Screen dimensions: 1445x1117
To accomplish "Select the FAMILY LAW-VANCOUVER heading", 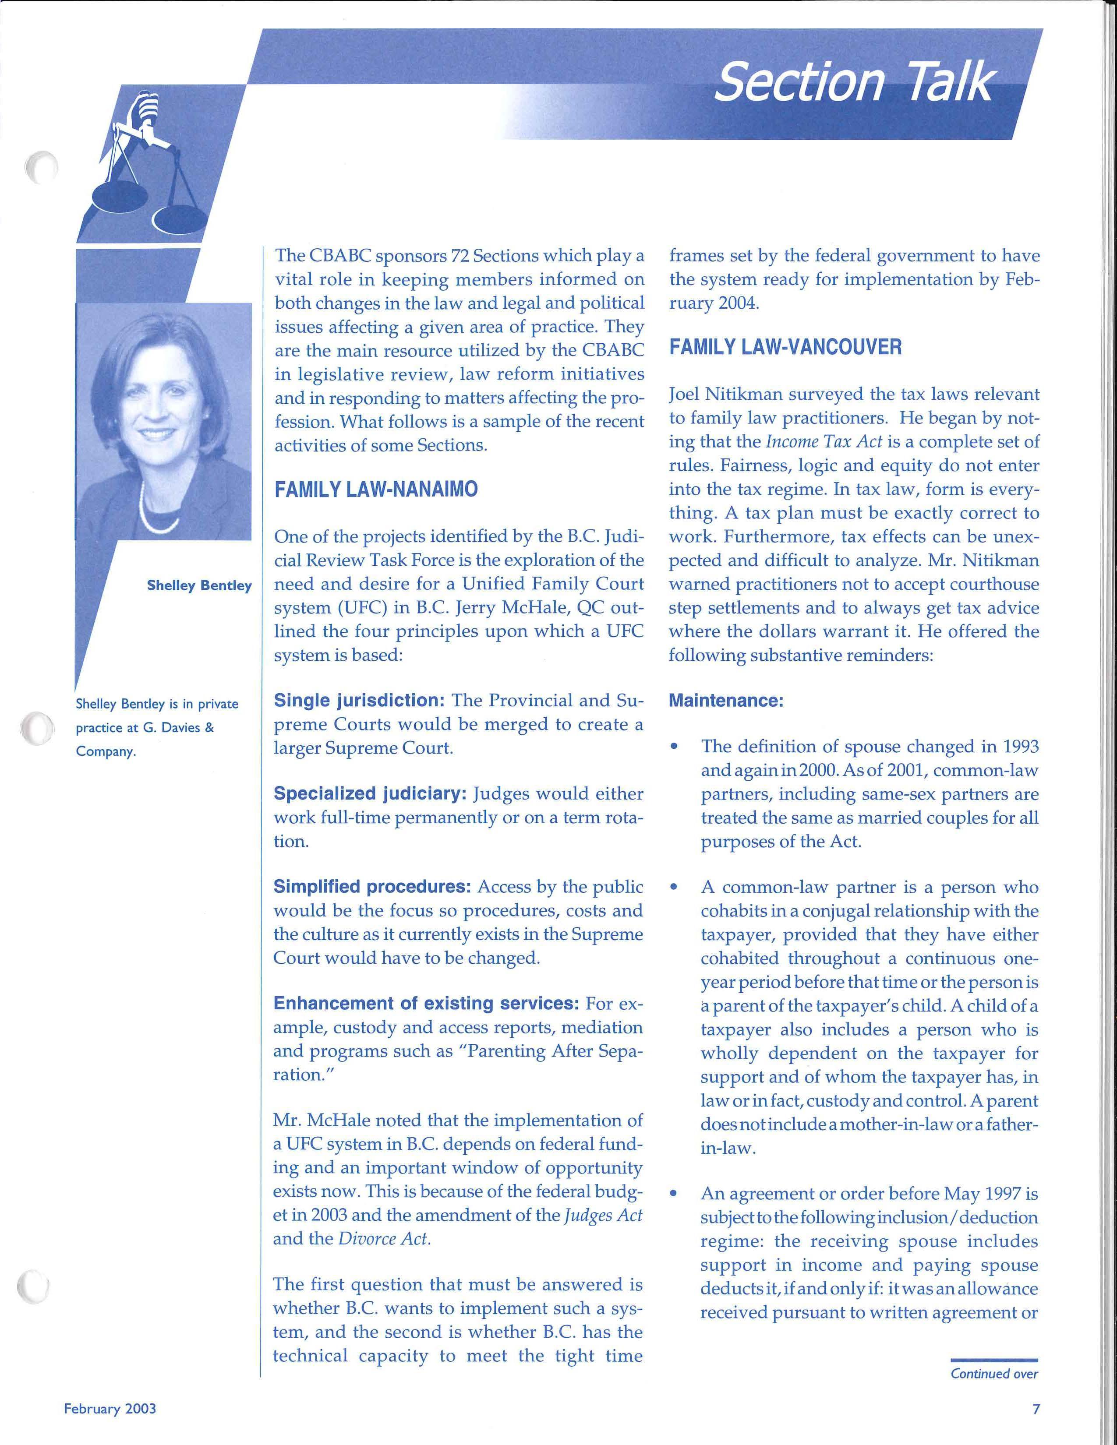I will point(785,347).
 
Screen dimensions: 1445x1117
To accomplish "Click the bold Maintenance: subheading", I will point(726,701).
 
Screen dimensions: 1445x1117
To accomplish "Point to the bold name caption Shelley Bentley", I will point(199,585).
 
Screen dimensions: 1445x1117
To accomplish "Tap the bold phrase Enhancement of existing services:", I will point(426,1004).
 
